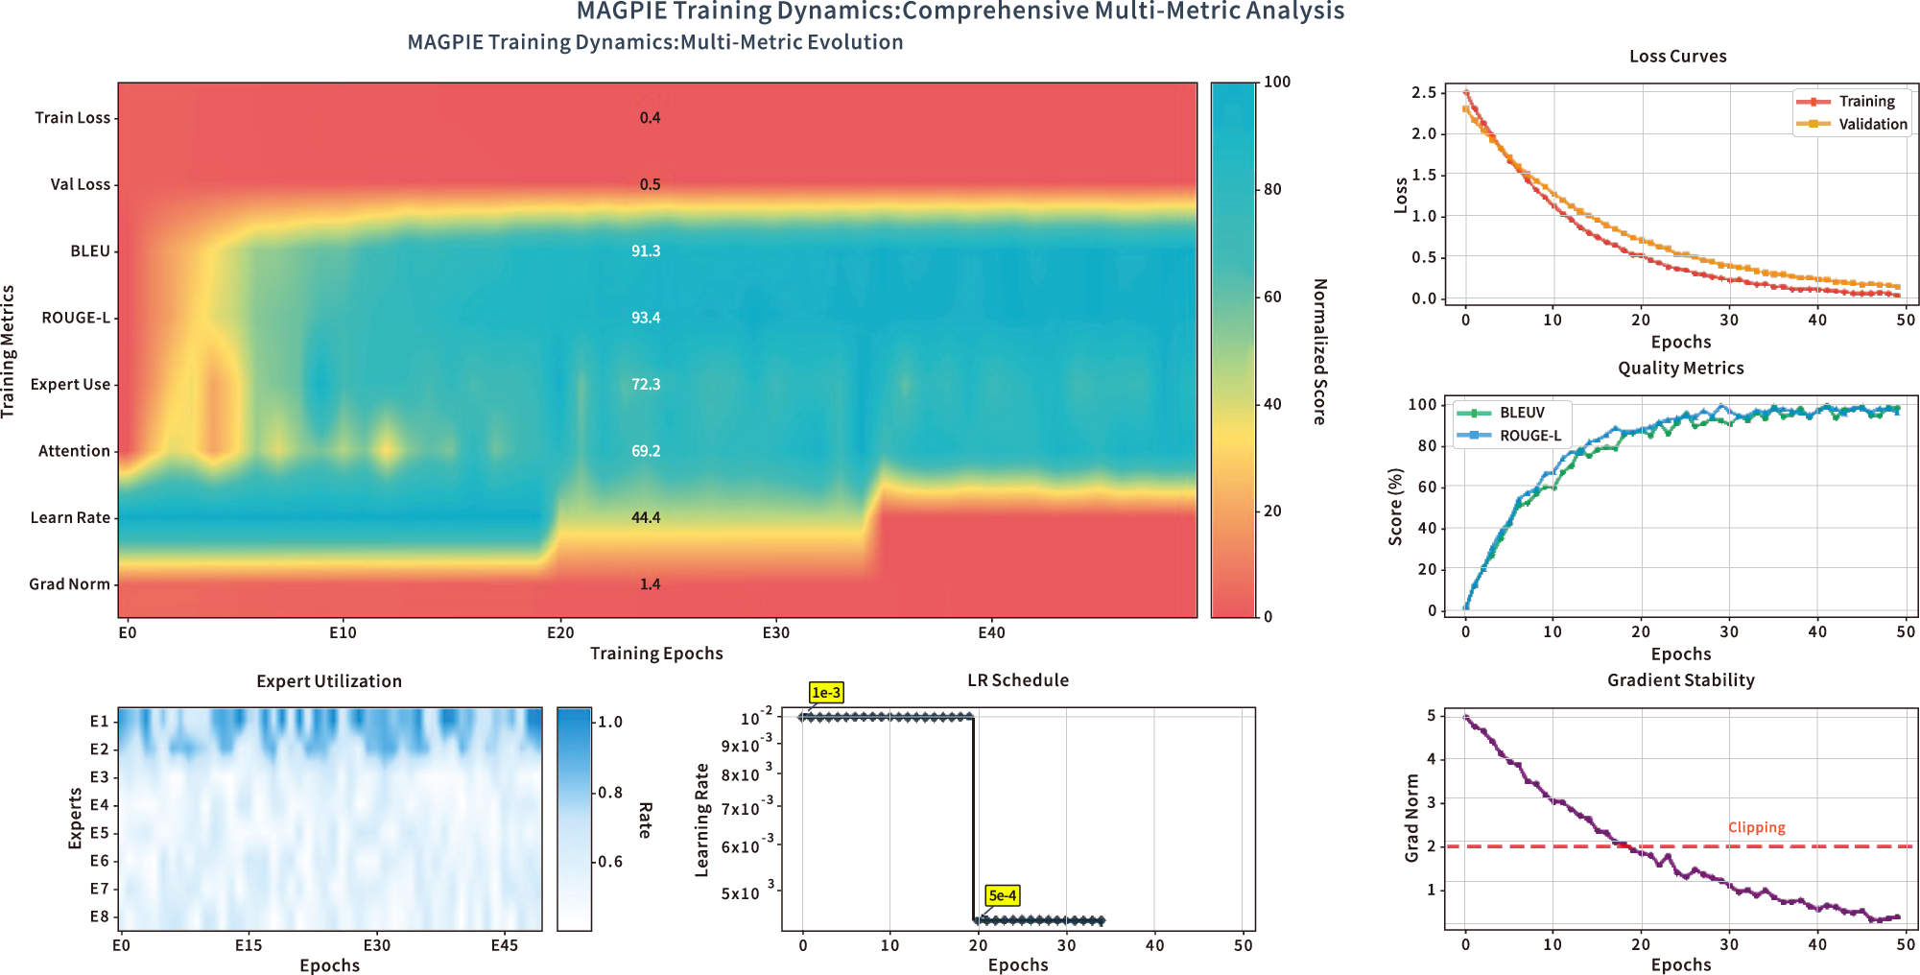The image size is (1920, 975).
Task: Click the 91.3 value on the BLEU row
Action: click(x=645, y=251)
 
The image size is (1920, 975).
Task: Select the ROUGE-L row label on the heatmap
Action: click(x=75, y=318)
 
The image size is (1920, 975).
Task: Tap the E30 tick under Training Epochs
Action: click(x=775, y=633)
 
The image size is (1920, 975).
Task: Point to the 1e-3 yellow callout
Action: click(x=825, y=693)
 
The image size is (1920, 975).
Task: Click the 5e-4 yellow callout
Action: click(x=1002, y=895)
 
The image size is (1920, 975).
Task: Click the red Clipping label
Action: click(x=1756, y=827)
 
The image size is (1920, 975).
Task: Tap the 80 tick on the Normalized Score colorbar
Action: click(x=1272, y=189)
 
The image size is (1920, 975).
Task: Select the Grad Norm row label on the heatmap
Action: click(x=69, y=584)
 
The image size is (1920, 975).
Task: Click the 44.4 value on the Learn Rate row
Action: click(x=645, y=518)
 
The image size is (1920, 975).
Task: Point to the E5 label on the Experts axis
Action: click(x=99, y=833)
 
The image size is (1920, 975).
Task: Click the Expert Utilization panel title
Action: click(x=329, y=681)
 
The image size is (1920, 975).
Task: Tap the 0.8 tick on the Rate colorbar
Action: click(x=610, y=793)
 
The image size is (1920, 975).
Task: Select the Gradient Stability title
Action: click(x=1680, y=680)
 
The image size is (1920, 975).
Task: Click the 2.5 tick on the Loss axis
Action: click(x=1423, y=92)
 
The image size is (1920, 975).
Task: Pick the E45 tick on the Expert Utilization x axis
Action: click(x=504, y=945)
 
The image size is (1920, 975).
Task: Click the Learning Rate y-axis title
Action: click(x=701, y=820)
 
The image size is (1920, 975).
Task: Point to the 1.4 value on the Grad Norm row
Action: click(x=650, y=584)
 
